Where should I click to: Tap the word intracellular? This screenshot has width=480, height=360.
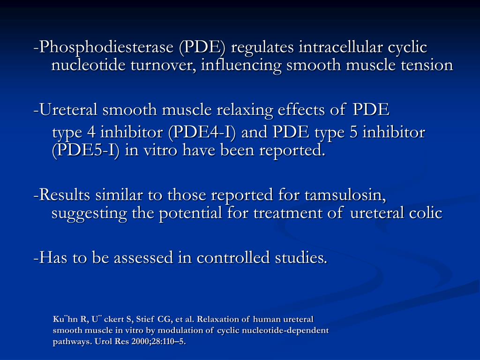pos(341,48)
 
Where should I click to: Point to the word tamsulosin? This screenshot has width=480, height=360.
pos(345,195)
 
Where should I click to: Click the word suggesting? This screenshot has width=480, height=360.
pos(89,213)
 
